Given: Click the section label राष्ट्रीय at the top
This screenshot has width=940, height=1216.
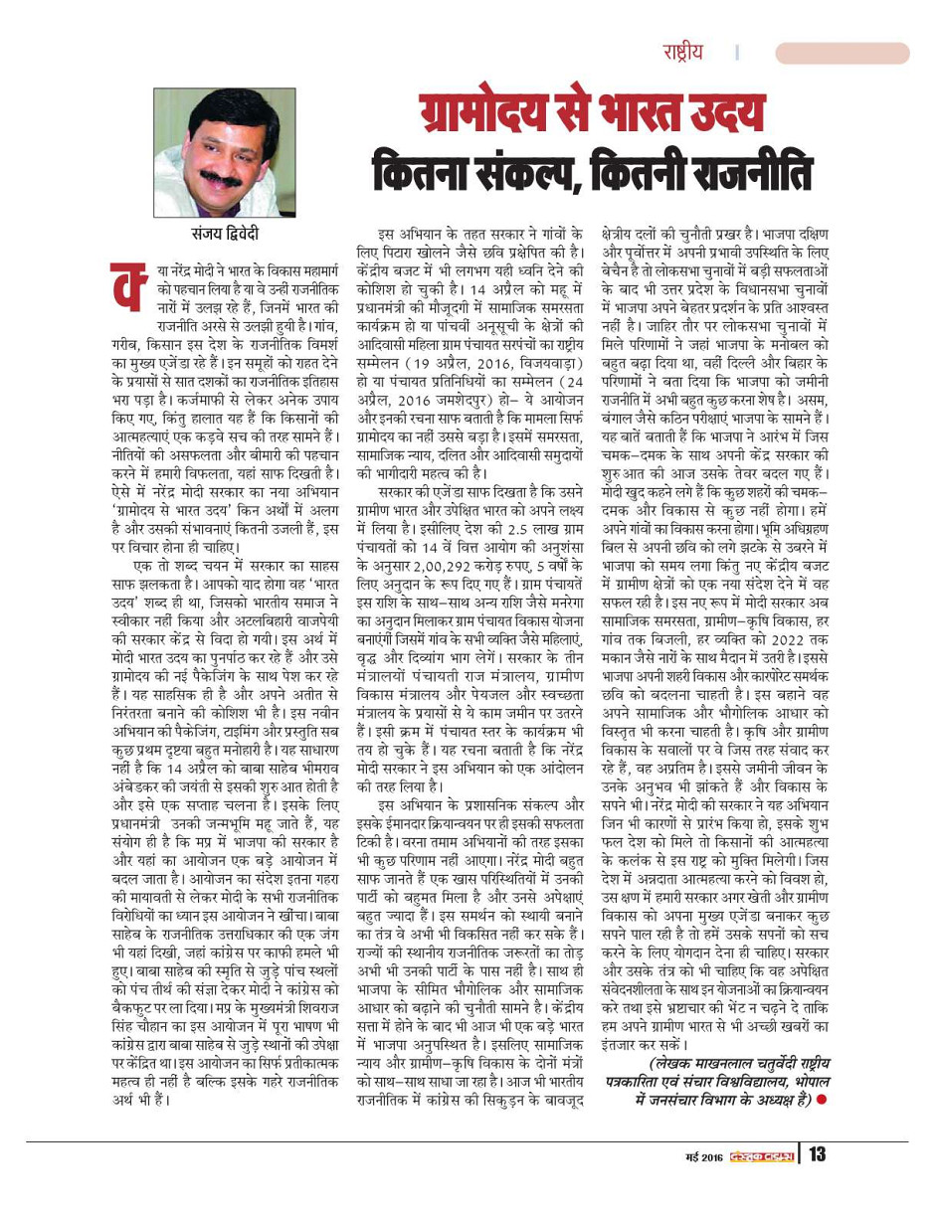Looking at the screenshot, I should [x=686, y=53].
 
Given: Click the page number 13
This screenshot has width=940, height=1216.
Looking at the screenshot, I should [x=818, y=1154].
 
